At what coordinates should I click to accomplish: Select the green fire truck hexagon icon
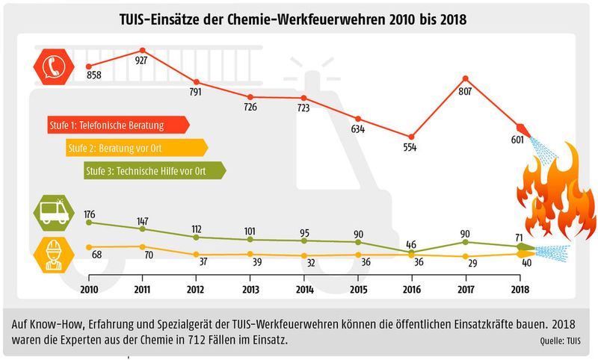tap(52, 213)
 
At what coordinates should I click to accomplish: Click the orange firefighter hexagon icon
tap(52, 255)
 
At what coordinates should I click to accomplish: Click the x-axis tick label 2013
tap(250, 289)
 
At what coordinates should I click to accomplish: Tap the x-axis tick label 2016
tap(411, 289)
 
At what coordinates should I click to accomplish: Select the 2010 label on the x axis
tap(89, 289)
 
